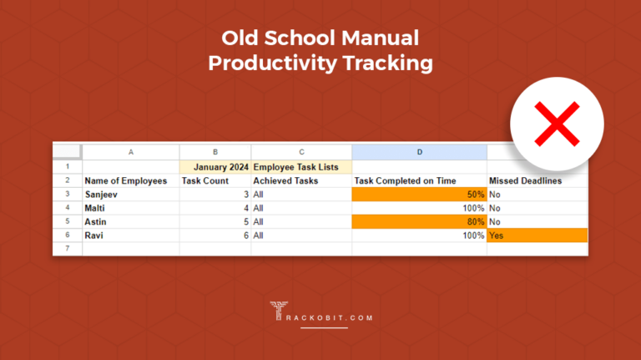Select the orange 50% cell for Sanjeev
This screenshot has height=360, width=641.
[x=419, y=194]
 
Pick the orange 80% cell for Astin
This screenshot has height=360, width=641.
[x=419, y=221]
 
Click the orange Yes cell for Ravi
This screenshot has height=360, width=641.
[x=537, y=236]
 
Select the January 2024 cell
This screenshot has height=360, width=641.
[x=215, y=166]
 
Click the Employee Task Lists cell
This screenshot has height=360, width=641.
[x=295, y=166]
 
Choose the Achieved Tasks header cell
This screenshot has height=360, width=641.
[x=286, y=180]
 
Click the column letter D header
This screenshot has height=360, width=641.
[x=419, y=151]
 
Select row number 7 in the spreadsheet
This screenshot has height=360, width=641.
[x=67, y=249]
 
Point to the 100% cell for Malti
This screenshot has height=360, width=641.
[x=472, y=208]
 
